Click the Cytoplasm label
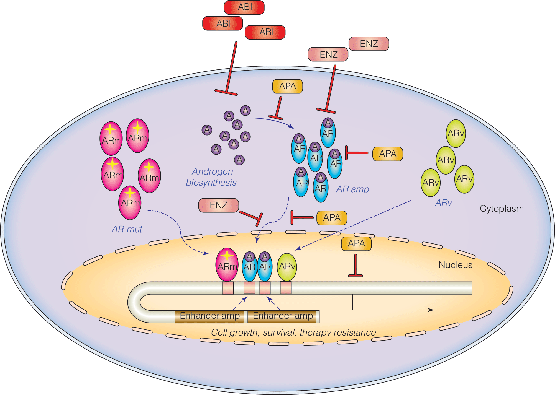pyautogui.click(x=502, y=209)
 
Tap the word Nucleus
pyautogui.click(x=455, y=265)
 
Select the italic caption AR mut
pyautogui.click(x=127, y=229)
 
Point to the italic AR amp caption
pyautogui.click(x=352, y=189)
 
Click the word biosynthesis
pyautogui.click(x=211, y=183)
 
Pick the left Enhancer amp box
pyautogui.click(x=209, y=316)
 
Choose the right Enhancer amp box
pyautogui.click(x=283, y=316)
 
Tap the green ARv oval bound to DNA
pyautogui.click(x=287, y=267)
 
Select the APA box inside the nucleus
pyautogui.click(x=356, y=244)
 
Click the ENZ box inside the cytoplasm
pyautogui.click(x=219, y=205)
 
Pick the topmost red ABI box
pyautogui.click(x=244, y=7)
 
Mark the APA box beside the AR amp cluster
pyautogui.click(x=387, y=154)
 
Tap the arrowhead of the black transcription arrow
pyautogui.click(x=431, y=310)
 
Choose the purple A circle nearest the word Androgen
pyautogui.click(x=239, y=160)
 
